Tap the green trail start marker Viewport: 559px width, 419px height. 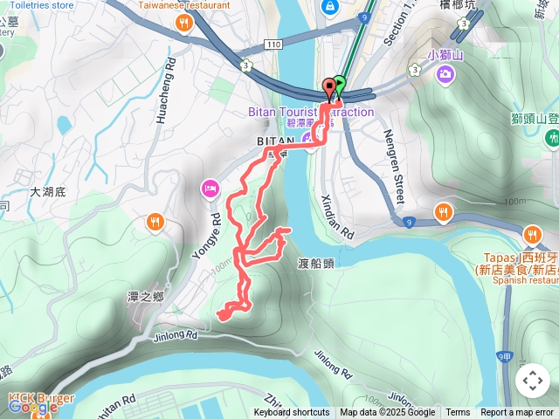coord(339,85)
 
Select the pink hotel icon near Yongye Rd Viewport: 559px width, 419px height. coord(210,187)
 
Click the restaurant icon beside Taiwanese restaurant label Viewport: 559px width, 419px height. coord(183,24)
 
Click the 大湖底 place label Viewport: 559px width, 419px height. coord(48,190)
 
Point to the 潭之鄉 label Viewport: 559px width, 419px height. coord(146,297)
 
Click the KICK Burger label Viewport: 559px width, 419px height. coord(41,399)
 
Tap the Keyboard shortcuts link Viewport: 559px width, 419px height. coord(292,413)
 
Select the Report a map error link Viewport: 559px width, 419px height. coord(517,413)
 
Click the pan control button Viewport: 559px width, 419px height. coord(533,381)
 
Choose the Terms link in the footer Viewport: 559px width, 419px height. coord(458,413)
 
